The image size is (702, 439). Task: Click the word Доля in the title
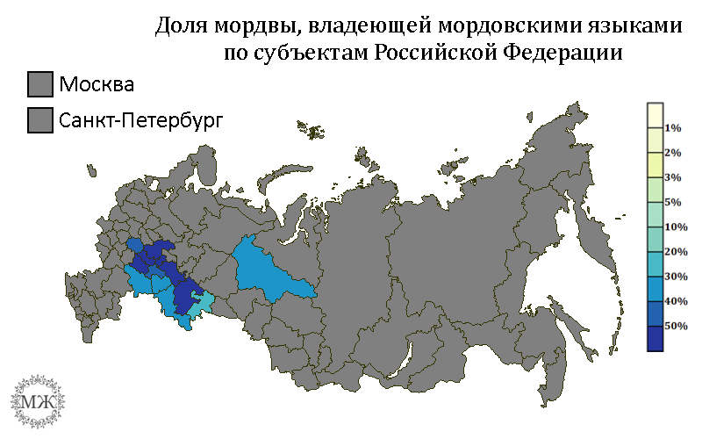click(179, 26)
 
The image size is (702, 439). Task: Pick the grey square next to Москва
click(40, 84)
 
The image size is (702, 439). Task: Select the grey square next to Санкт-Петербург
click(40, 119)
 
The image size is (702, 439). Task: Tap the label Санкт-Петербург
click(141, 119)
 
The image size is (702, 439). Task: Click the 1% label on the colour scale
click(672, 128)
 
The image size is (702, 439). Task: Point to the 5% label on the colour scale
click(672, 203)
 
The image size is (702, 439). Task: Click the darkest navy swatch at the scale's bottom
click(654, 338)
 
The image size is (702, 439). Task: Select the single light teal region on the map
click(201, 304)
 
